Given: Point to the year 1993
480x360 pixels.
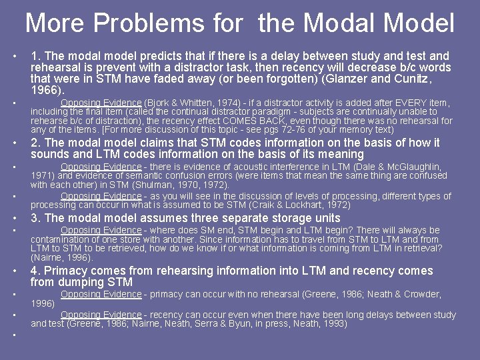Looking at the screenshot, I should (335, 323).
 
